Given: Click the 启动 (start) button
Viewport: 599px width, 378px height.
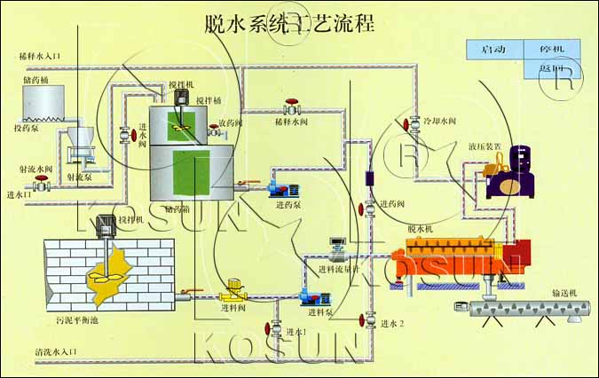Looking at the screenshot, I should click(x=493, y=50).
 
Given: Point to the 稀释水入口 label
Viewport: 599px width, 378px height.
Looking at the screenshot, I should click(x=39, y=56).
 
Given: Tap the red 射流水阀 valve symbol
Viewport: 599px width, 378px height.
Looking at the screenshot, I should click(x=40, y=185).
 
